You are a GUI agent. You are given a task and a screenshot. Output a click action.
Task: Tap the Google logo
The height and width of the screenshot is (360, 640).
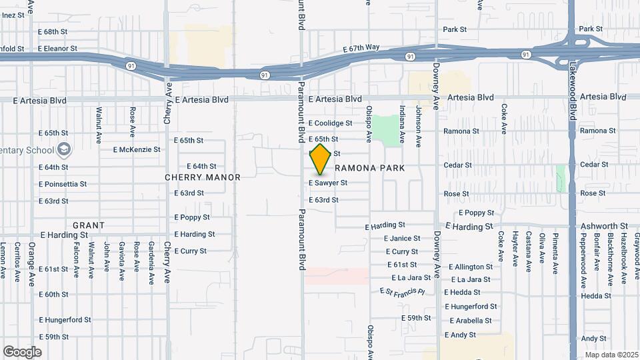[x=22, y=351]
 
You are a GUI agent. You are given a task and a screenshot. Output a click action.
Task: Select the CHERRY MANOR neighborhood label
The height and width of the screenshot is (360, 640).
[x=203, y=177]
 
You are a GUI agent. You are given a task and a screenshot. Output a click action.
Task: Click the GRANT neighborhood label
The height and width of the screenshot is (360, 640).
[x=88, y=225]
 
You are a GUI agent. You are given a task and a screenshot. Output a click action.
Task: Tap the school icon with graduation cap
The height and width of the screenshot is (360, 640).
[x=64, y=149]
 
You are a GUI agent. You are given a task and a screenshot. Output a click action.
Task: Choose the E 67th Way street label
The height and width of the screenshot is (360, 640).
[x=361, y=48]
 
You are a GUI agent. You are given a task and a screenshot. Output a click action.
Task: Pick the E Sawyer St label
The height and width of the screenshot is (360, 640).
[x=328, y=183]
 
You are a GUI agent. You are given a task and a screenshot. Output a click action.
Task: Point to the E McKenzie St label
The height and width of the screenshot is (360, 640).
[x=137, y=149]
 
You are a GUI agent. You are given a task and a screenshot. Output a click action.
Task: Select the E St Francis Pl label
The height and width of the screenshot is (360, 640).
[x=402, y=291]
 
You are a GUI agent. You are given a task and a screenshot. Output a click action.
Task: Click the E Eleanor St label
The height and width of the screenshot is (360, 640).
[x=58, y=49]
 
